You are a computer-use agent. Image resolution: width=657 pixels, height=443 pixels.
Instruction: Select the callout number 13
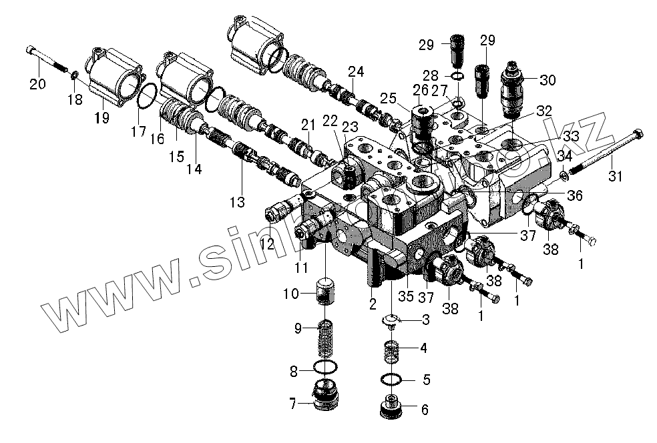[x=238, y=200]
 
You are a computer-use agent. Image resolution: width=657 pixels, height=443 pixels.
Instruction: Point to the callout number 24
[x=355, y=71]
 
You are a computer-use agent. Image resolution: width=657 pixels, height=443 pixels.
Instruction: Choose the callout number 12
[x=267, y=244]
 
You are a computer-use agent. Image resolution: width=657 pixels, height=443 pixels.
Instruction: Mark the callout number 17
[x=138, y=132]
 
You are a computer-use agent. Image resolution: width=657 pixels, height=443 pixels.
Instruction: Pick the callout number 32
[x=543, y=110]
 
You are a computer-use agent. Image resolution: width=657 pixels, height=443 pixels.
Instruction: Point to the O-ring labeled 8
[x=326, y=367]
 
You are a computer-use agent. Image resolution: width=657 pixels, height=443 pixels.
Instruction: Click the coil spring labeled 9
[x=326, y=337]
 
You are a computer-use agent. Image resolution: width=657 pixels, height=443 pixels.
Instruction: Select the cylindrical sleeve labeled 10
[x=326, y=294]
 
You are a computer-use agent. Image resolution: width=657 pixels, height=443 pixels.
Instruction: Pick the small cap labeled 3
[x=391, y=322]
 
